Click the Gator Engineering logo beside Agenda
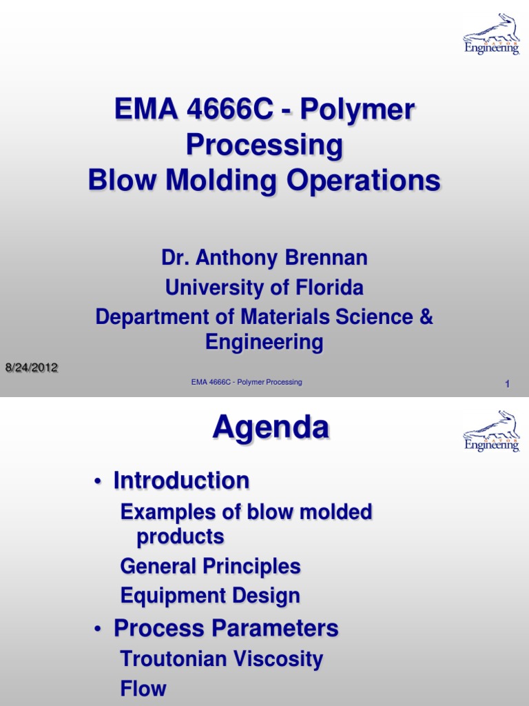[491, 432]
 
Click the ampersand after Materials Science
[426, 316]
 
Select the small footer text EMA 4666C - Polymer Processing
[247, 382]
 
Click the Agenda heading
[270, 429]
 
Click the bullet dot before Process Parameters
[99, 629]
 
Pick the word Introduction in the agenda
[181, 481]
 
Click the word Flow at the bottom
[143, 688]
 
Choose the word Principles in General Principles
[253, 567]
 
